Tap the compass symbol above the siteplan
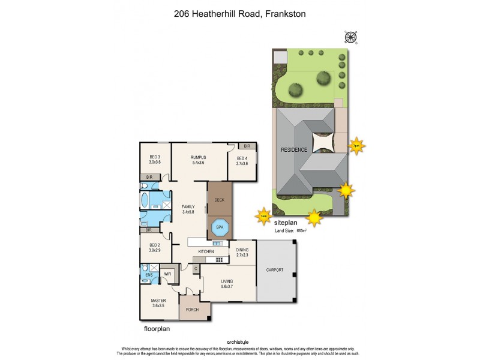(x=350, y=37)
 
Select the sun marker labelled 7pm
(x=356, y=146)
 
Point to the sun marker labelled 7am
(x=263, y=216)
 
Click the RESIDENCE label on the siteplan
(x=294, y=150)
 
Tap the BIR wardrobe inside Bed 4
(x=247, y=146)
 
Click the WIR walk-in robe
(x=167, y=275)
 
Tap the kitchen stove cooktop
(x=218, y=260)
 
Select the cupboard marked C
(x=196, y=269)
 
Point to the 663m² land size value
(x=301, y=230)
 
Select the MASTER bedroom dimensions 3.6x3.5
(x=158, y=305)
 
